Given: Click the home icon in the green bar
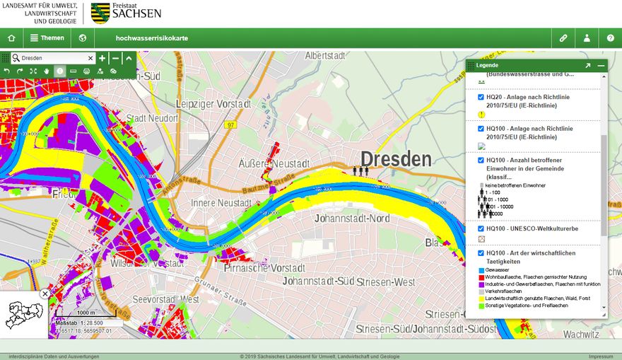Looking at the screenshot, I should tap(11, 38).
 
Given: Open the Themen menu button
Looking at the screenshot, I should tap(47, 38).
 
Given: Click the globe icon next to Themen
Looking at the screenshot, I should tap(83, 38).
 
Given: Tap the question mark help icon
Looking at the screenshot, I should tap(611, 38).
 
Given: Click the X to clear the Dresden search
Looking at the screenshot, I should tap(90, 58).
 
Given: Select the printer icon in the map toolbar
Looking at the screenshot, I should tap(87, 71).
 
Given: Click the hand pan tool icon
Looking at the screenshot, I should tap(47, 71).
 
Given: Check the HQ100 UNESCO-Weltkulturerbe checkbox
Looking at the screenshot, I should tap(481, 228).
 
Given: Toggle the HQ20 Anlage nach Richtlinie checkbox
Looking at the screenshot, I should tap(481, 97).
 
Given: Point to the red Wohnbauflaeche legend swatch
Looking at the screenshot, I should tap(481, 277).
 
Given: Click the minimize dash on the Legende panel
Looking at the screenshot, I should tap(601, 65).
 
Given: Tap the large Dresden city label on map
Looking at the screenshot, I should tap(395, 159).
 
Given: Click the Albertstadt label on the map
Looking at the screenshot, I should tap(329, 55).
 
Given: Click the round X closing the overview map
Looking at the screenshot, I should tap(45, 294).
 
